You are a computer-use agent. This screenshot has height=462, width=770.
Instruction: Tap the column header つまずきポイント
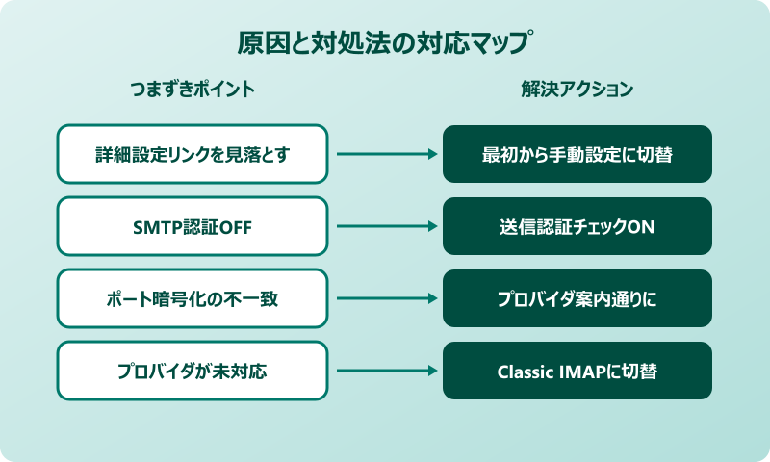[x=192, y=90]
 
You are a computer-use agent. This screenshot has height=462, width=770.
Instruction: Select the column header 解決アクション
[x=577, y=90]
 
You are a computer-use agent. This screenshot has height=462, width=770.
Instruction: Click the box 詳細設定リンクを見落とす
[x=192, y=154]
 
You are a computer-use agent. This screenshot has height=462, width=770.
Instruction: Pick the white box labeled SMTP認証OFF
[x=192, y=226]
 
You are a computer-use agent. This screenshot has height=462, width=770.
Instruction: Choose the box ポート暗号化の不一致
[x=192, y=298]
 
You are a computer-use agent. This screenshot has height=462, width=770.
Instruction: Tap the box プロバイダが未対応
[x=192, y=371]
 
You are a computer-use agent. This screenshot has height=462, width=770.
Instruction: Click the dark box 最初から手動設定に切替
[x=577, y=154]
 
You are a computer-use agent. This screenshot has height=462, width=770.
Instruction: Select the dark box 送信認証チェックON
[x=577, y=226]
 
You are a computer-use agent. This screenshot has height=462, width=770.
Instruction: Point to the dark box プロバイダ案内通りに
[x=577, y=298]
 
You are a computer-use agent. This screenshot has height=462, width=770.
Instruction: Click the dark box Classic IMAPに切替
[x=577, y=371]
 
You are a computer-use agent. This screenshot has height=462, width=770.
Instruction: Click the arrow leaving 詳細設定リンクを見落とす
[x=385, y=154]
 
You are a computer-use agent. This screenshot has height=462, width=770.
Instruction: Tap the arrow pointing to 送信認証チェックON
[x=385, y=226]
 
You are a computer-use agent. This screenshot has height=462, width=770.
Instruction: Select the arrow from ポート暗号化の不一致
[x=385, y=298]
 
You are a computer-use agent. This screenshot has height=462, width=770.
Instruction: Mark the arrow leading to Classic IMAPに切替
[x=385, y=371]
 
